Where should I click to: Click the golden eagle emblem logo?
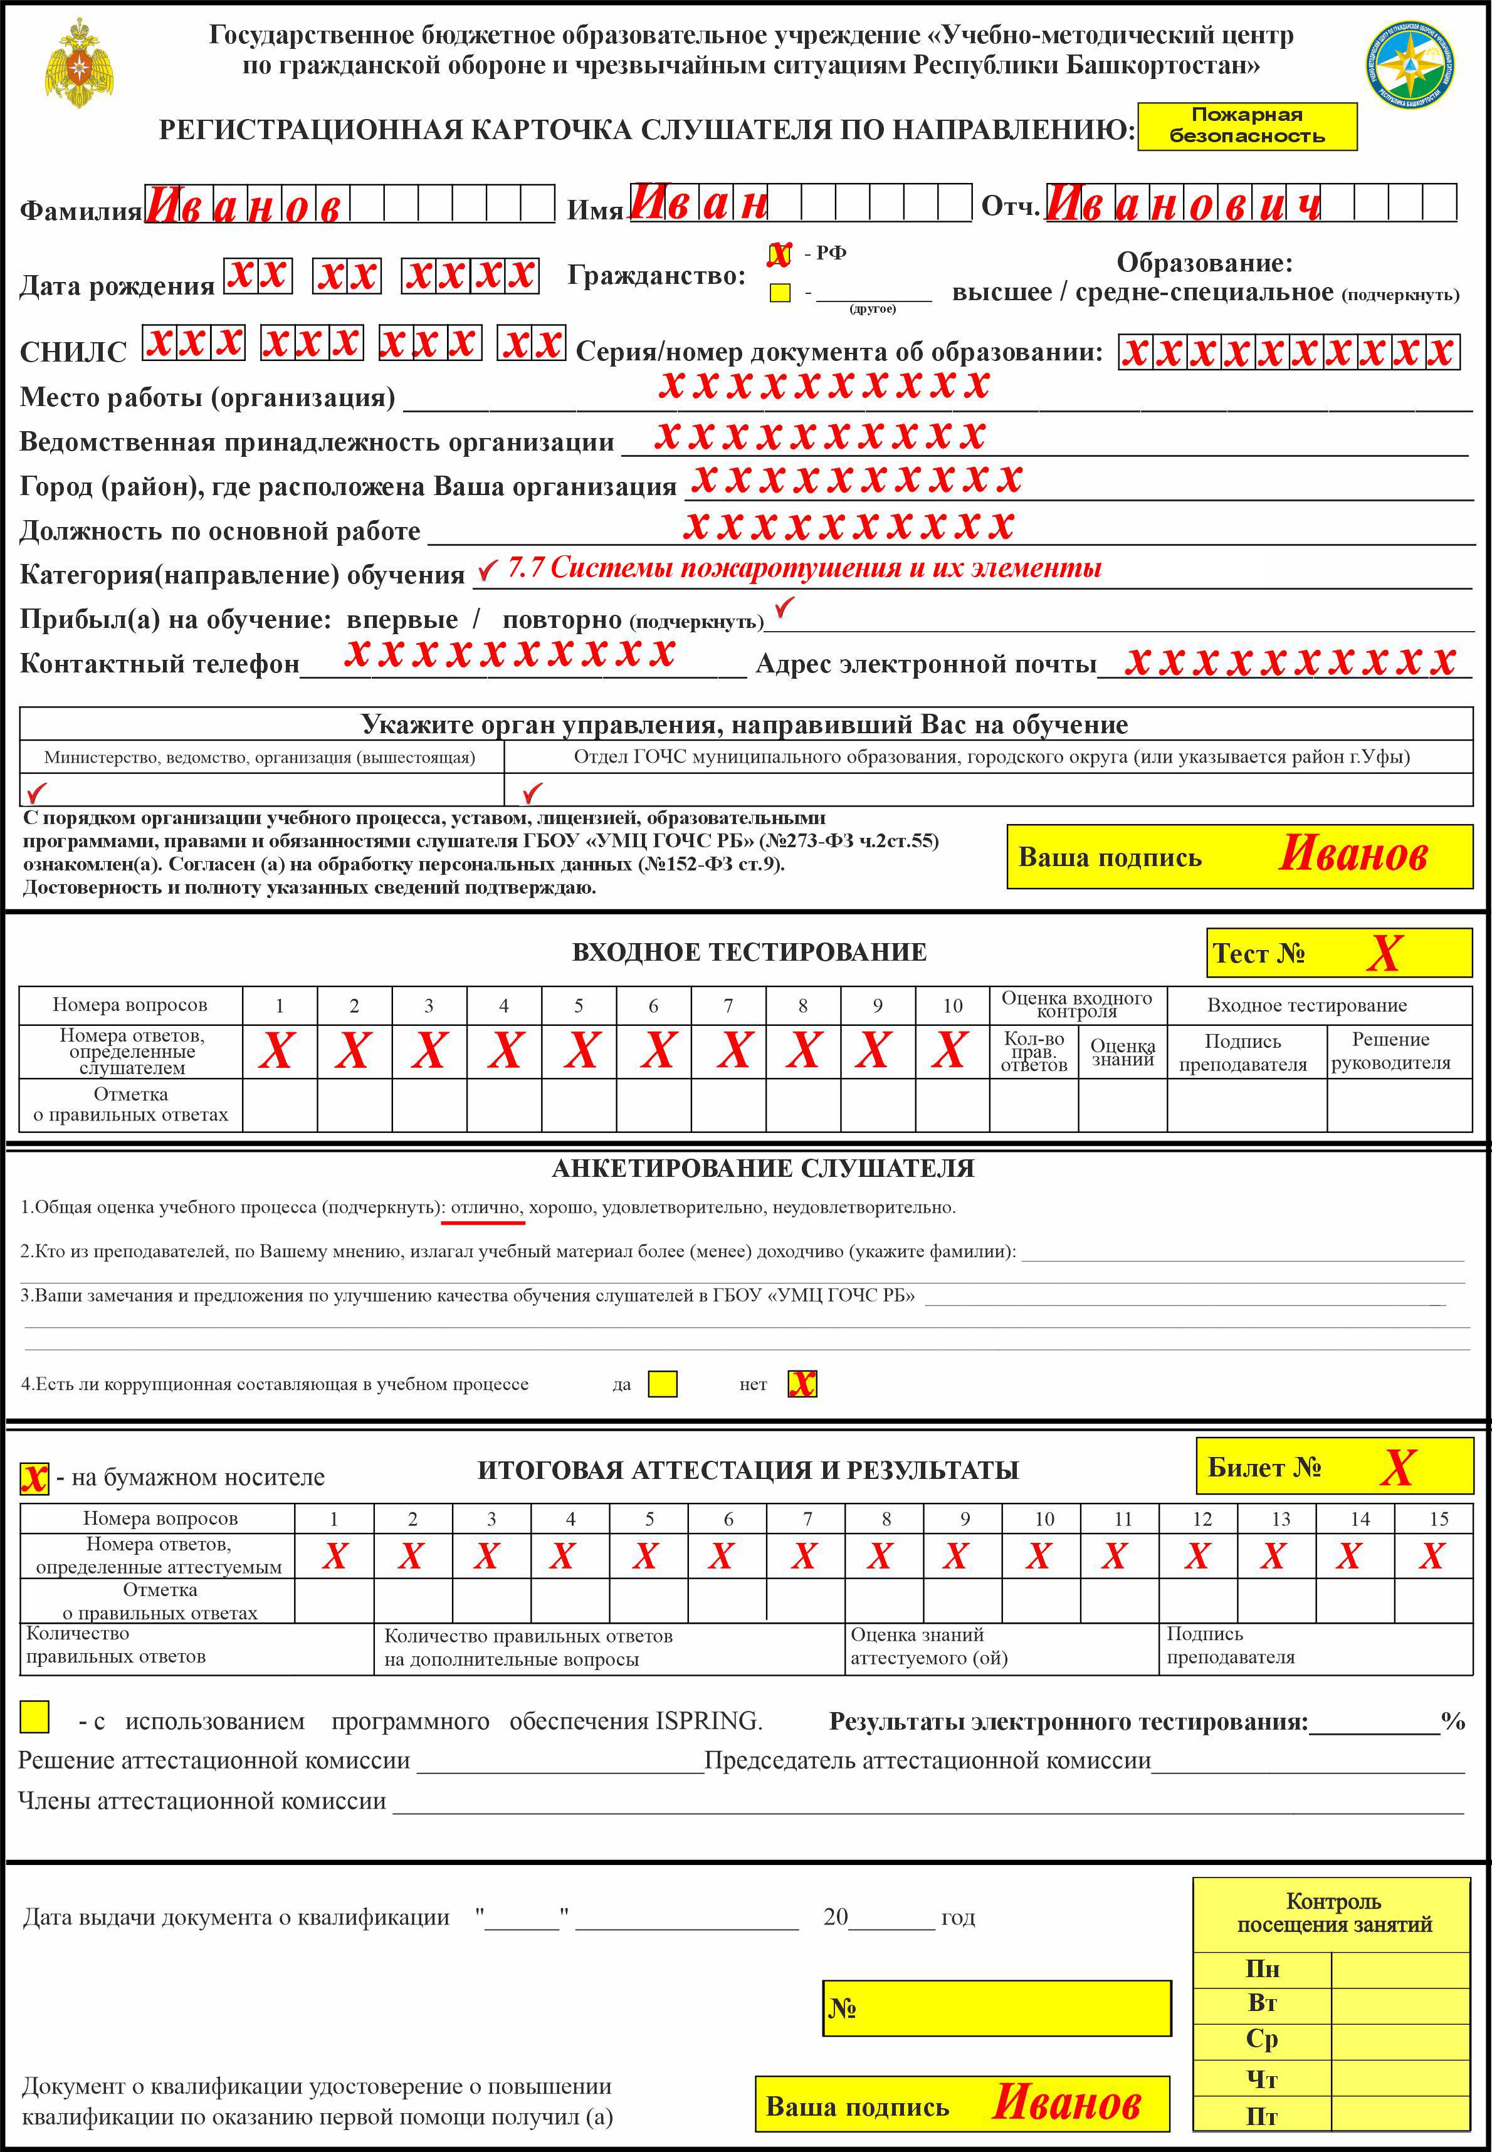80,63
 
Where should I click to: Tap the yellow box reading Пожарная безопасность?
1246,126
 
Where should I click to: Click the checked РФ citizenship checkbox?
779,254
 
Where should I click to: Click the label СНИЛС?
73,352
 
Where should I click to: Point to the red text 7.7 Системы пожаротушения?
804,568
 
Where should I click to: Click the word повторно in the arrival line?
562,620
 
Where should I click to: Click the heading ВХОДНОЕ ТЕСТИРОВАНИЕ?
749,952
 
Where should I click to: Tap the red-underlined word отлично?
486,1207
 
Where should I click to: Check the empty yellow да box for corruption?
663,1384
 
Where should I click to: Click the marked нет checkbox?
802,1384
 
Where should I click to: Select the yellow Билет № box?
1334,1467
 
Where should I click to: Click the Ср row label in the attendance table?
1261,2039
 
